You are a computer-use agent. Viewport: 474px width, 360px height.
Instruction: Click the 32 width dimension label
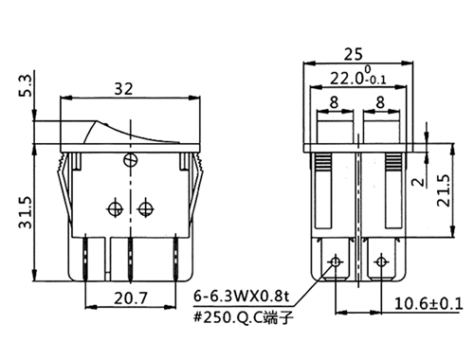[x=123, y=89]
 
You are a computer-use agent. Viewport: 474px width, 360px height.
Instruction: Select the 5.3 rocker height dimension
[x=27, y=85]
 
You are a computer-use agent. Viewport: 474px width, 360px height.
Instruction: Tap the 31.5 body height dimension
[x=26, y=212]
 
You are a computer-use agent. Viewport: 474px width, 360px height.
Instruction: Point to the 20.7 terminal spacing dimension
[x=131, y=297]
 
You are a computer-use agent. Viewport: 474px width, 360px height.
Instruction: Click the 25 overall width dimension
[x=354, y=54]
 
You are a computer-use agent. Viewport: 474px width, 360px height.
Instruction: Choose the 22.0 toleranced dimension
[x=358, y=77]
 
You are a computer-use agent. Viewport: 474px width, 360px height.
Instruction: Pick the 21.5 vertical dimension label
[x=444, y=190]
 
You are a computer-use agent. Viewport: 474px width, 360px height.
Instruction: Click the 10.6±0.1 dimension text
[x=428, y=304]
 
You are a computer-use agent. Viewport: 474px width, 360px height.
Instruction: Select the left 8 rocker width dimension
[x=334, y=102]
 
